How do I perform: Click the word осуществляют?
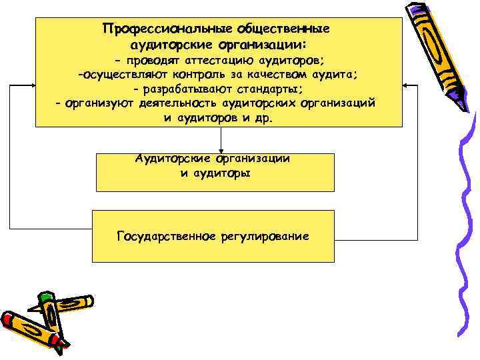(123, 75)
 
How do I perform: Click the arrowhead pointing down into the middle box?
(221, 150)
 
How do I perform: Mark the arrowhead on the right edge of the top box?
(407, 87)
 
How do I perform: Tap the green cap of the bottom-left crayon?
(45, 295)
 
